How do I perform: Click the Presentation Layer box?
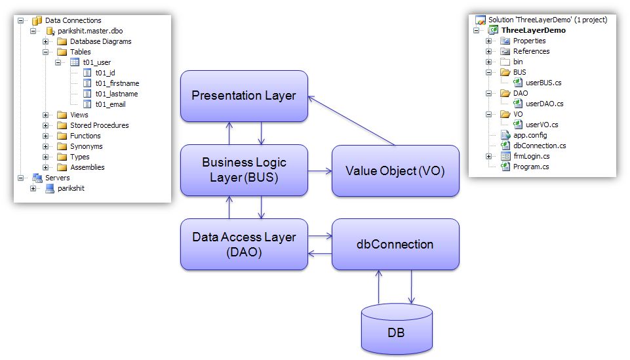(244, 96)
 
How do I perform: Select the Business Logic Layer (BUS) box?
(244, 170)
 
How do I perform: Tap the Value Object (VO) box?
(395, 170)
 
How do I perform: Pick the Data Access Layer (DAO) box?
(244, 244)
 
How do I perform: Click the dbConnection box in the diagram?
(395, 245)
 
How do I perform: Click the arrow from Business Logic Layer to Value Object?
(319, 171)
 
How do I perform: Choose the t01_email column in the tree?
(110, 104)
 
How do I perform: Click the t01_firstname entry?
(117, 83)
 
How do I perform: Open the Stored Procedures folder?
(99, 125)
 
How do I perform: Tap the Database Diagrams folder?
(100, 41)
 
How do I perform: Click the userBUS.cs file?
(543, 83)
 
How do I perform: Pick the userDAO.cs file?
(544, 104)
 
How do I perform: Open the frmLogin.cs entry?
(531, 156)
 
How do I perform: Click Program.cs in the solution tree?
(531, 167)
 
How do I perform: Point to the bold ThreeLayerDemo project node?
(533, 30)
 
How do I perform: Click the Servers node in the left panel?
(57, 178)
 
